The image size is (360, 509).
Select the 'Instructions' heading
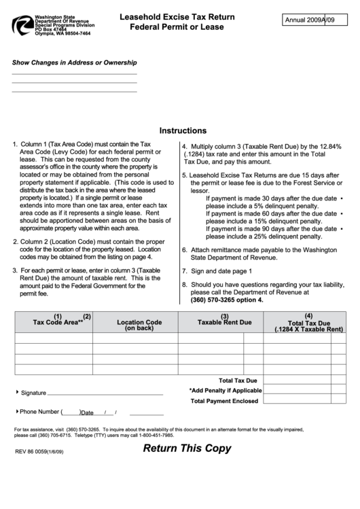tap(183, 130)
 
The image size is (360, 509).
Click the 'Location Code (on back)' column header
tap(139, 325)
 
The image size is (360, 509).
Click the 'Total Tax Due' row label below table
tap(238, 381)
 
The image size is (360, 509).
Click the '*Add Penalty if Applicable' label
tap(226, 391)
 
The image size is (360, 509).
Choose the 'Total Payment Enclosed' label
tap(224, 401)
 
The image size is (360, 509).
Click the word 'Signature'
tap(33, 393)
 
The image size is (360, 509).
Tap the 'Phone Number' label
tap(38, 412)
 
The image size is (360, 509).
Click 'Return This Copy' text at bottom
tap(187, 449)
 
